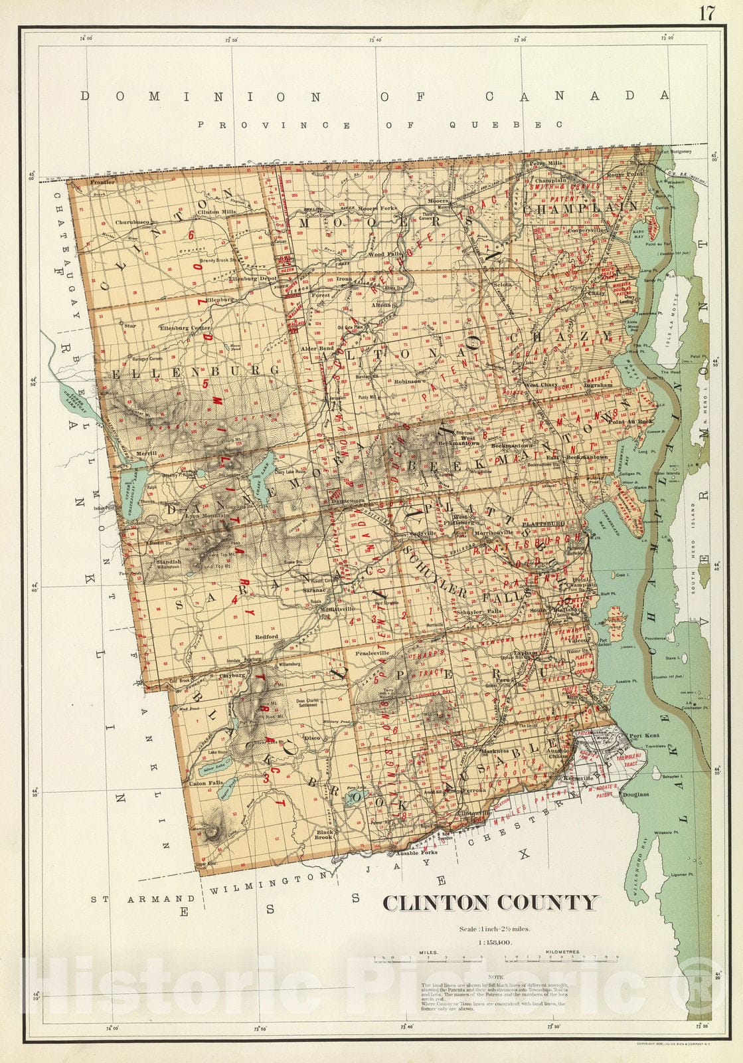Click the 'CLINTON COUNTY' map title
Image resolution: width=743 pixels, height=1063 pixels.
[490, 903]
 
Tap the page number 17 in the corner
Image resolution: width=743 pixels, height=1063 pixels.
[705, 14]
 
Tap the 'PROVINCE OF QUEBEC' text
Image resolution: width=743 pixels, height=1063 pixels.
[380, 124]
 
